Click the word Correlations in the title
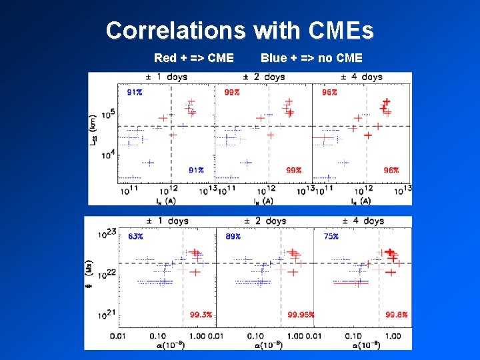pos(176,31)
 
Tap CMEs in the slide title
pos(340,31)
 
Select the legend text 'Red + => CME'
pos(193,58)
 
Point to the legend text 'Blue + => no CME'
pos(311,58)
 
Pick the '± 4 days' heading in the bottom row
pos(363,221)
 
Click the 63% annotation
pos(135,237)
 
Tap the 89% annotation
pos(233,237)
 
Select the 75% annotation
pos(331,237)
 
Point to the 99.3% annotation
pos(201,315)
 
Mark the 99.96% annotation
pos(301,315)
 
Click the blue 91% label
pos(135,92)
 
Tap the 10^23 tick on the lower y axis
pos(107,233)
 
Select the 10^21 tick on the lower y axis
pos(107,315)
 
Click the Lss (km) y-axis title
pos(94,131)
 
